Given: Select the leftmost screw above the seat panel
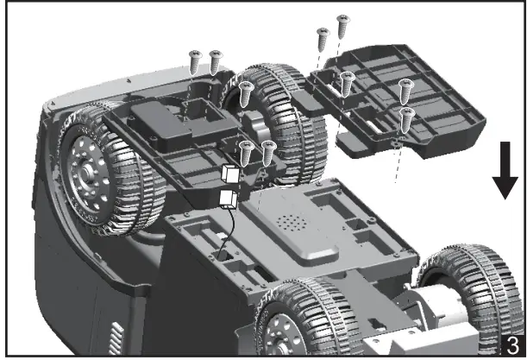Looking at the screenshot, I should (194, 61).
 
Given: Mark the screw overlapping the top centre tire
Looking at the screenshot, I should (245, 91).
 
